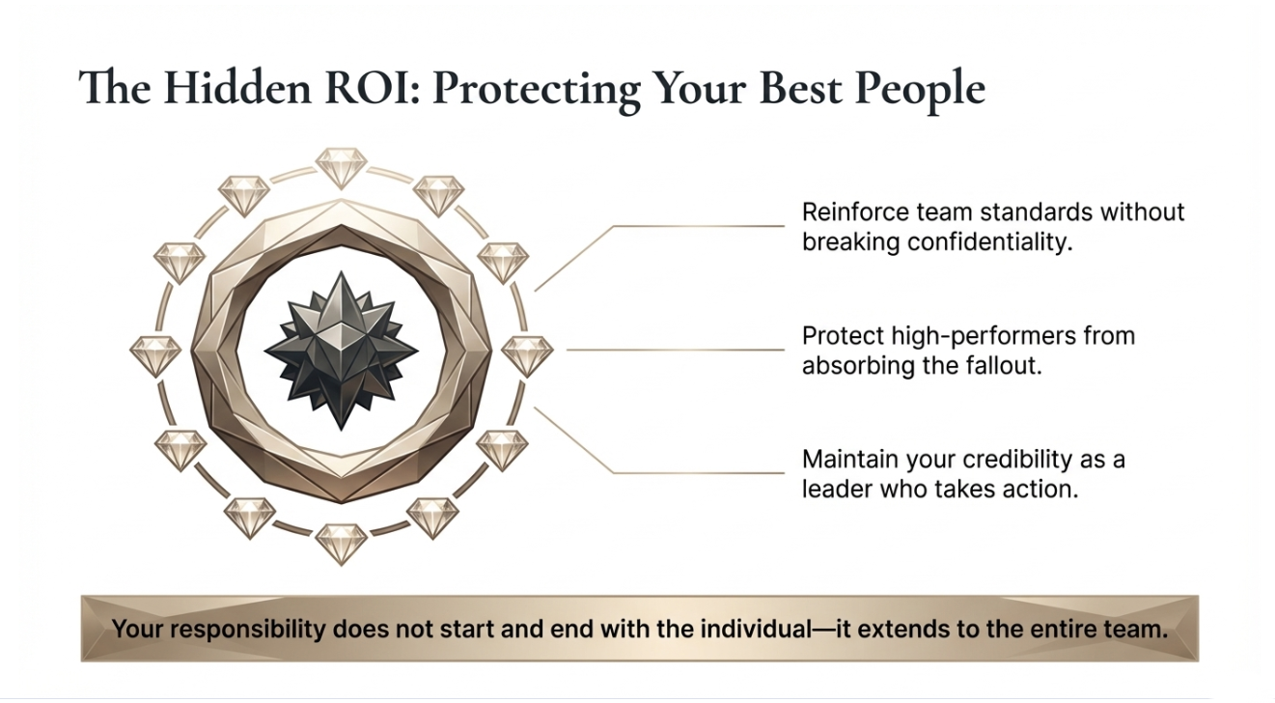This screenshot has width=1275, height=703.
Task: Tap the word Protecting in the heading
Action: [534, 89]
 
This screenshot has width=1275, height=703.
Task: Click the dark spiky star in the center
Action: [341, 351]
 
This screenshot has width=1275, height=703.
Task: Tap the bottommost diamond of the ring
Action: [341, 544]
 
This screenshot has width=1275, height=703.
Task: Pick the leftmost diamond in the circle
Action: [154, 355]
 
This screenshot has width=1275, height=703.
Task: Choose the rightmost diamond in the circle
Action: [527, 355]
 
